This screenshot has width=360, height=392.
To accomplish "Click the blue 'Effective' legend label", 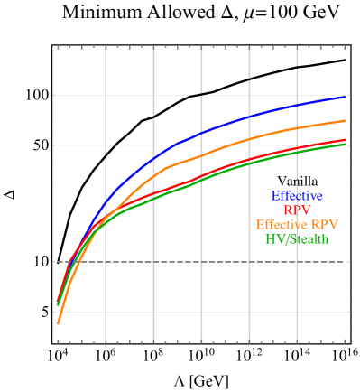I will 297,196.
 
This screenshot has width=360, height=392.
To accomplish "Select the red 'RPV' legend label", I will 297,210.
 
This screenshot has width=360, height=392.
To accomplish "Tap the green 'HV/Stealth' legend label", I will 297,239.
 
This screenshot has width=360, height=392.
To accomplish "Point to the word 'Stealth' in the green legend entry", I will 309,239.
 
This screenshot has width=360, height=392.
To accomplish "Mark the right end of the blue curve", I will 346,96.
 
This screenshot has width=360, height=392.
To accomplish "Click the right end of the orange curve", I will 346,120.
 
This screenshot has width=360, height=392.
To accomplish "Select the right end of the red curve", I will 346,140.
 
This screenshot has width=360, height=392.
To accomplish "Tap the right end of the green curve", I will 346,144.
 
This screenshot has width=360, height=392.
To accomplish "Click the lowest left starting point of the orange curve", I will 58,323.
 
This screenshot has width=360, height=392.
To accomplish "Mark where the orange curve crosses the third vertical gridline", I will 200,156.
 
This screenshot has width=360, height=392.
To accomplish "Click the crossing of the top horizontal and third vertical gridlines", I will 200,94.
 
